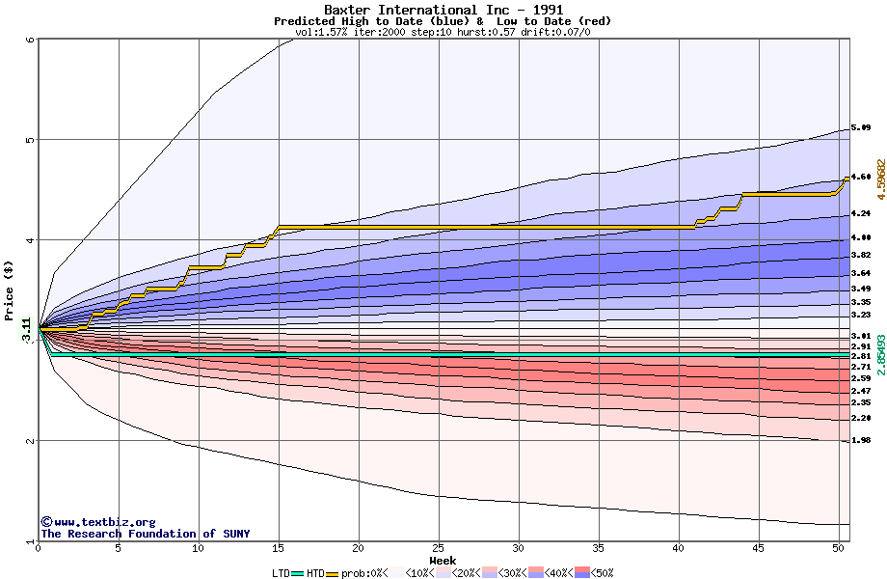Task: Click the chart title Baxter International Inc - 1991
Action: [x=443, y=10]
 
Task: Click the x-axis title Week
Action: [x=443, y=560]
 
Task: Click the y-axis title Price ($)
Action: [x=10, y=290]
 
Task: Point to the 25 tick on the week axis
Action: [x=439, y=548]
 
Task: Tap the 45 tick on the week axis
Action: [x=759, y=548]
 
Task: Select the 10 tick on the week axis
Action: [x=199, y=548]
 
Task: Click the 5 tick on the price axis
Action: [x=30, y=139]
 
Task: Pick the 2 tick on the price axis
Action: [x=30, y=441]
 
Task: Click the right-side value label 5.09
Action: [x=861, y=128]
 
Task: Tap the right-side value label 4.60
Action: [x=861, y=178]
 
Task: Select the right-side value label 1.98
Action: [x=861, y=440]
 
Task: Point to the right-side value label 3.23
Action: [x=861, y=315]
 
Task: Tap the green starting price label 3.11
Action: [x=26, y=329]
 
